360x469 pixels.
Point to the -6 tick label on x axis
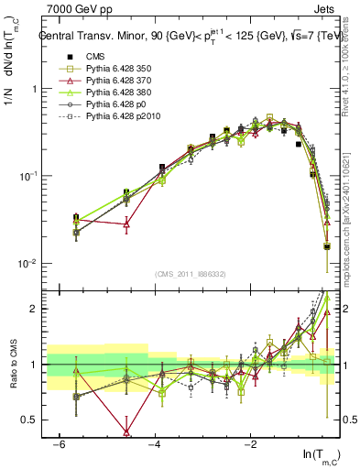[58, 444]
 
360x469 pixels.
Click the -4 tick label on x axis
[154, 444]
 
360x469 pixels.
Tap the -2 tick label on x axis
[250, 444]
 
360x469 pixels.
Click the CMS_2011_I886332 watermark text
[191, 275]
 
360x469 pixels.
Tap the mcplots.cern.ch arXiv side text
[352, 202]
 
